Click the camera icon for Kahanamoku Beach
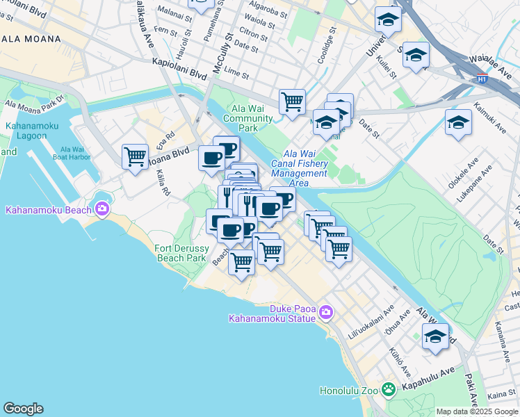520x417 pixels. coord(103,208)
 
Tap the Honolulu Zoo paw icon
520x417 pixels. coord(389,390)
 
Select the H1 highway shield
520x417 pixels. coord(482,79)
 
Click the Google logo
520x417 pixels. coord(23,409)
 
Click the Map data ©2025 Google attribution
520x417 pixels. coord(477,411)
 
